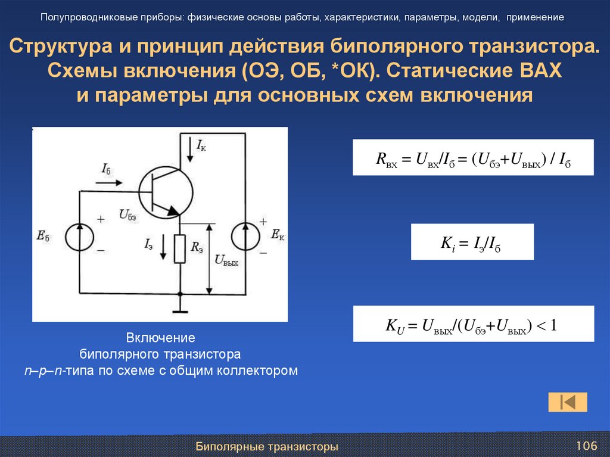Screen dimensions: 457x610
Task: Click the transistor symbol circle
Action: [166, 191]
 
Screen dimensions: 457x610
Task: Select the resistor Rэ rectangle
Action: [180, 249]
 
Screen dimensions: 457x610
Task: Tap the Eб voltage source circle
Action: [80, 237]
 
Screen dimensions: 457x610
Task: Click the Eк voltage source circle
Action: [245, 237]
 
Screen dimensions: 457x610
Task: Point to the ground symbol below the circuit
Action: [180, 310]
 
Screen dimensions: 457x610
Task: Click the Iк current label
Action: [201, 145]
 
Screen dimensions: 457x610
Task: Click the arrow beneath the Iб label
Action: [108, 182]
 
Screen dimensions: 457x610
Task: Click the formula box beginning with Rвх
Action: [473, 157]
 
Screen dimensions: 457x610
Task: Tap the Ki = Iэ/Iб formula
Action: [472, 242]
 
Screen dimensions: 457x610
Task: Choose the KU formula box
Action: [473, 324]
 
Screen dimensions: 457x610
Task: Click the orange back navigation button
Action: [568, 402]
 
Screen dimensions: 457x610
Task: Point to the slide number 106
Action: [586, 446]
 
